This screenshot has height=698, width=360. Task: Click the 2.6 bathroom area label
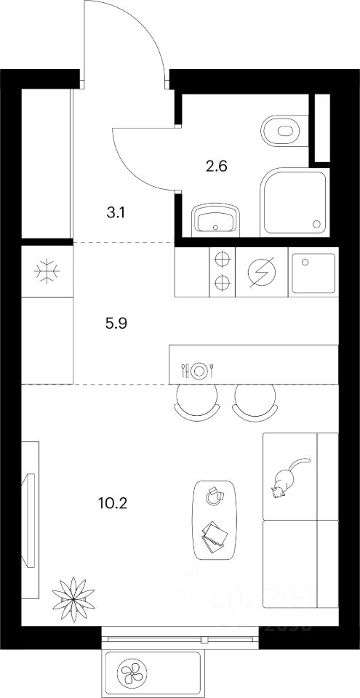[217, 166]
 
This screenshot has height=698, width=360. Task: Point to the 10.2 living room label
[116, 502]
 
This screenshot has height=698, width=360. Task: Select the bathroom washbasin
[216, 219]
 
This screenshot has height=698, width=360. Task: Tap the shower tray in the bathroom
[295, 201]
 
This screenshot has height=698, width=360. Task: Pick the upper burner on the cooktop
[223, 258]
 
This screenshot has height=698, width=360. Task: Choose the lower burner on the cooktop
[223, 283]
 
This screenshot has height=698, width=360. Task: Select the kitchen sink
[313, 271]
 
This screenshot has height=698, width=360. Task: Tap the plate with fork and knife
[199, 369]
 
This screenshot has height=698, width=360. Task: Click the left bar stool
[197, 401]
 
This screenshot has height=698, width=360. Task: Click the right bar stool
[255, 401]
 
